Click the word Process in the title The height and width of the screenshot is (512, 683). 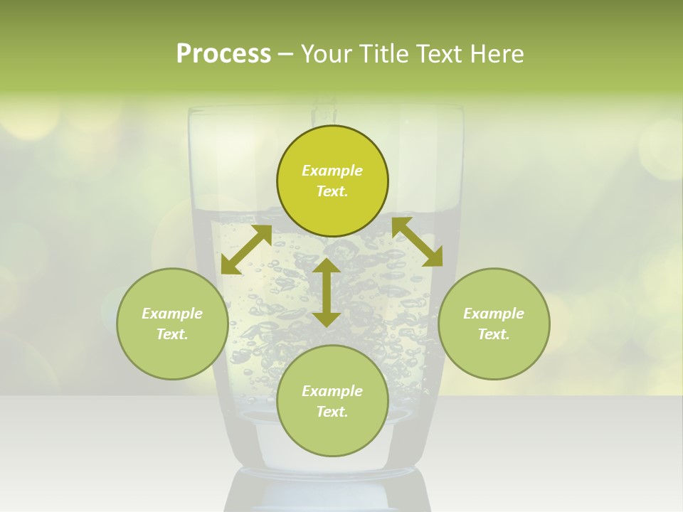click(x=223, y=54)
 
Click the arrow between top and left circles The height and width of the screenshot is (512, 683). click(x=246, y=250)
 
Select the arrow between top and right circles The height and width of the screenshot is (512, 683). click(x=418, y=242)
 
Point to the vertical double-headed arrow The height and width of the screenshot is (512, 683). click(x=327, y=292)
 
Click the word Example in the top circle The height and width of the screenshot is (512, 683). click(x=332, y=171)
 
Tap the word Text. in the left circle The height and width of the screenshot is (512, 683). click(x=172, y=334)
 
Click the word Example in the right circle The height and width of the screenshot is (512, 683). click(x=494, y=314)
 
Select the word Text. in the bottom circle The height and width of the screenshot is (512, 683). click(x=332, y=412)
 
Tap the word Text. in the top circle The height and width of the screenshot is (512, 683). click(x=332, y=191)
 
